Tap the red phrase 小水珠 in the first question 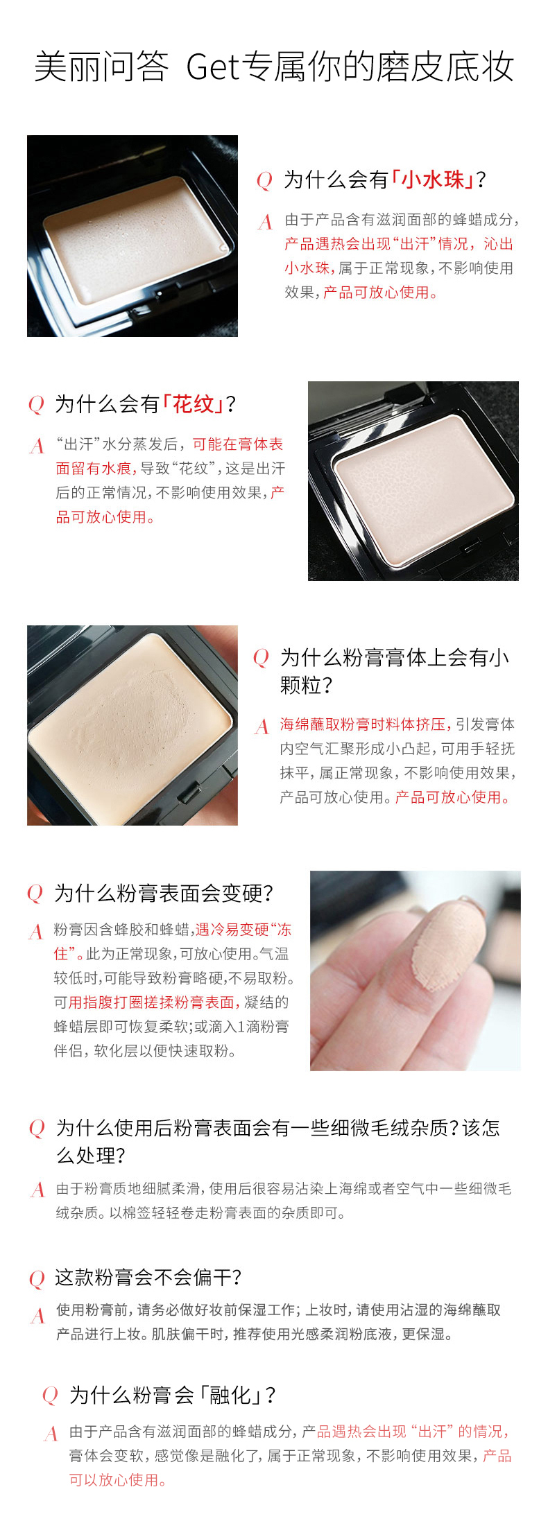(x=434, y=180)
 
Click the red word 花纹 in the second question (x=194, y=403)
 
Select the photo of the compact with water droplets (x=132, y=236)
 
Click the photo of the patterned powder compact (x=413, y=481)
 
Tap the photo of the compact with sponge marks (x=132, y=726)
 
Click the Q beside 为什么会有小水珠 (x=264, y=181)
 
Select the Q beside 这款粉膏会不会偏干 (x=37, y=1278)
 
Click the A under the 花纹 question (x=37, y=446)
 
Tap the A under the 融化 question (x=51, y=1434)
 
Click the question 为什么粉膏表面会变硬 (x=164, y=893)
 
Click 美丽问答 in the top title (x=101, y=68)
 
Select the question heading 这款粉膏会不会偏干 (x=148, y=1277)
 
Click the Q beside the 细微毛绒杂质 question (x=37, y=1129)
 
